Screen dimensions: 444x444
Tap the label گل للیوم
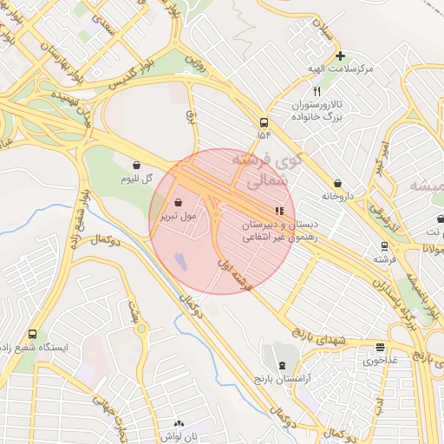tap(137, 179)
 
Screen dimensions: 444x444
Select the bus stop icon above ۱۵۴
tap(264, 122)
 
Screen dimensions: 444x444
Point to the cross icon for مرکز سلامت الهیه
tap(339, 55)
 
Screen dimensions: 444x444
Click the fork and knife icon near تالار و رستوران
tap(317, 91)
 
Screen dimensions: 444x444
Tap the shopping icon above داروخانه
tap(337, 183)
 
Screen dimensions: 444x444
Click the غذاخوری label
tap(379, 359)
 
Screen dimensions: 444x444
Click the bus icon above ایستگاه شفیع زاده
tap(33, 334)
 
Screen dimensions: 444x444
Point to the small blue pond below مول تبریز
tap(180, 259)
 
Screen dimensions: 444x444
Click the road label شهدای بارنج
tap(318, 336)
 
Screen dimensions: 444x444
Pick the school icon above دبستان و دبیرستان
tap(278, 210)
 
